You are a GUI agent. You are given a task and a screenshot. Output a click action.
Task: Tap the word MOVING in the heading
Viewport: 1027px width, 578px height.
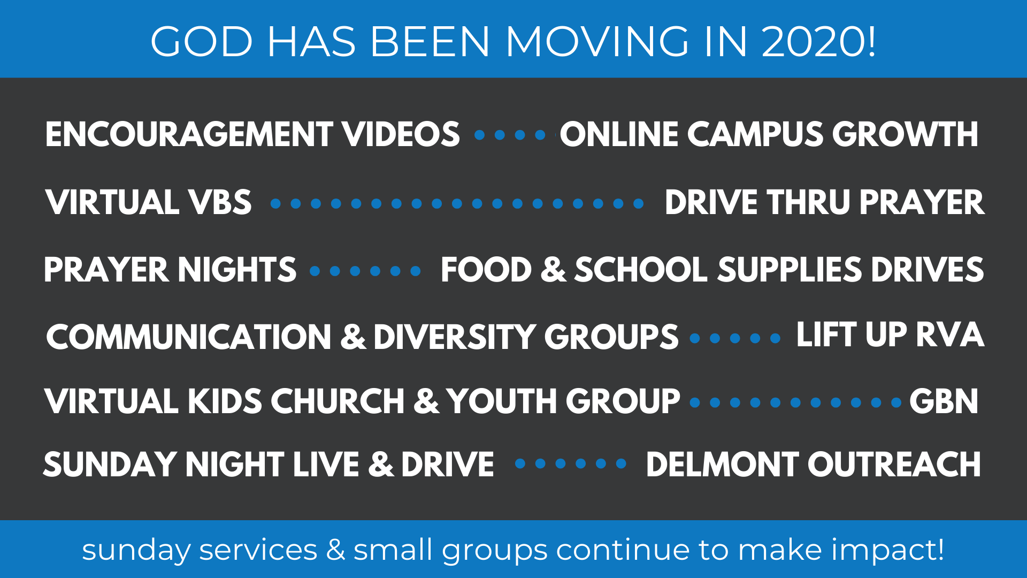pos(598,42)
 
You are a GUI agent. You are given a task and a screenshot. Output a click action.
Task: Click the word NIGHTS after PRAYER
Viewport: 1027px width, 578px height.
pos(237,269)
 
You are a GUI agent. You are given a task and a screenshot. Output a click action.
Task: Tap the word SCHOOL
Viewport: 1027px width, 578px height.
pos(641,269)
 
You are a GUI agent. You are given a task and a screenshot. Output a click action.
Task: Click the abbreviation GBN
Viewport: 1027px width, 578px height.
pos(944,401)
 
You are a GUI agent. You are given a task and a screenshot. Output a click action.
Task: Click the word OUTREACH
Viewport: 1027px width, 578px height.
pos(894,464)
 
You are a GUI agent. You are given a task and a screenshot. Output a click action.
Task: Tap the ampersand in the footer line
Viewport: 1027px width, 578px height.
pos(335,550)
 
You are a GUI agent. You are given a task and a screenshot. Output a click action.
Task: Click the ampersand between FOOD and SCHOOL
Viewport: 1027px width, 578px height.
pos(553,269)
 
